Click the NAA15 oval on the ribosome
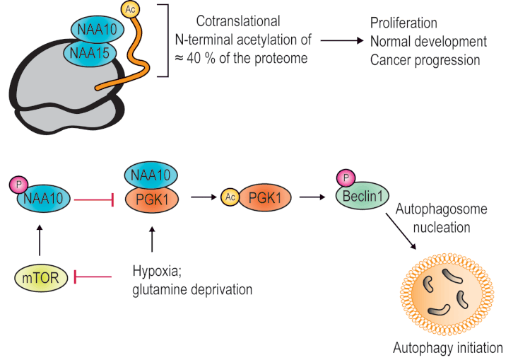[x=90, y=52]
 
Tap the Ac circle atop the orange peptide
[x=130, y=9]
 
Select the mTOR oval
[x=41, y=278]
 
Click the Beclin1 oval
[x=363, y=196]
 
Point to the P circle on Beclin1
[x=346, y=178]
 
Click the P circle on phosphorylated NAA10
[x=19, y=185]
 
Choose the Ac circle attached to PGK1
[x=230, y=197]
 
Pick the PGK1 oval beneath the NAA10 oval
[x=152, y=199]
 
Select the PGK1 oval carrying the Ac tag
[x=265, y=197]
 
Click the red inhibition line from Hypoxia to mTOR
[x=93, y=277]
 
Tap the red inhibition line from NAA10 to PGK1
[x=93, y=200]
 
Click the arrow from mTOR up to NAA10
[x=40, y=240]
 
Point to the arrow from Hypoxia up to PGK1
[x=152, y=239]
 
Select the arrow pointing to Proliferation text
[x=342, y=40]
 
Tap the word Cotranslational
[x=238, y=21]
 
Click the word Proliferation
[x=404, y=23]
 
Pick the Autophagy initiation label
[x=448, y=348]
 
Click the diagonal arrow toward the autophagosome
[x=401, y=231]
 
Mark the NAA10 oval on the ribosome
[x=98, y=29]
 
